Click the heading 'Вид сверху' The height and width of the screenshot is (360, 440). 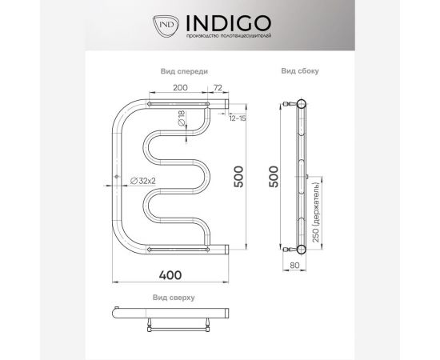pyautogui.click(x=174, y=297)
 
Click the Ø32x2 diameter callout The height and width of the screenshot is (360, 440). pyautogui.click(x=142, y=181)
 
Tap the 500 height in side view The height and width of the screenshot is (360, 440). pyautogui.click(x=274, y=176)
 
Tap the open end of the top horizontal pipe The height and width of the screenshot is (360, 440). pyautogui.click(x=227, y=104)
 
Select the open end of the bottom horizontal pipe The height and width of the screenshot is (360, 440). pyautogui.click(x=227, y=249)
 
